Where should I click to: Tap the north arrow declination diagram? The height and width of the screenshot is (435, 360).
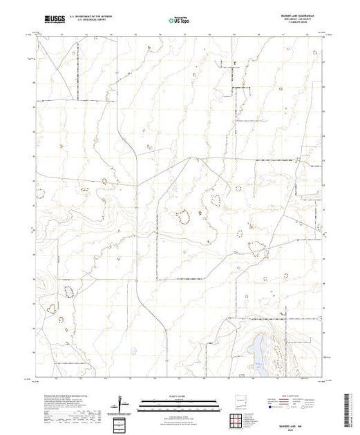[x=122, y=402]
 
